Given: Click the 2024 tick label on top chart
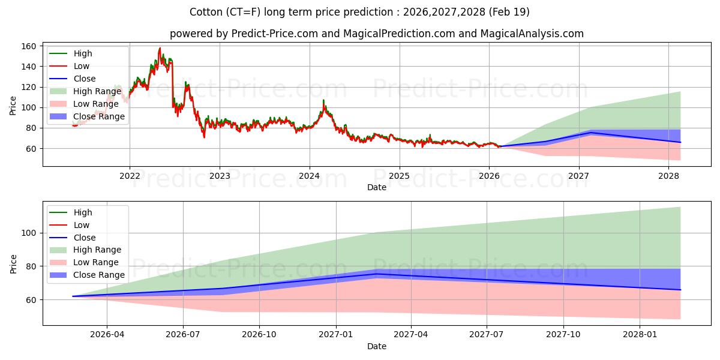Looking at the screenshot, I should coord(309,176).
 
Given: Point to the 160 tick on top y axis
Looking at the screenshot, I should coord(30,46).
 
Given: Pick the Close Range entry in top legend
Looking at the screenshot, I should coord(98,116).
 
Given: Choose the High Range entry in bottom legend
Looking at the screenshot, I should coord(97,250).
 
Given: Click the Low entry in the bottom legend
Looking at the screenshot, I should coord(81,225).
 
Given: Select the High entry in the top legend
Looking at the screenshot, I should coord(82,53).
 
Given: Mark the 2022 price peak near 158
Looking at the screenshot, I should coord(160,48).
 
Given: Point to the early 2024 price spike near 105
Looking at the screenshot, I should coord(323,101).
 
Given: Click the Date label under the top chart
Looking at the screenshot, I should coord(376,187).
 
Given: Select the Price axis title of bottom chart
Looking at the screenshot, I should coord(13,263).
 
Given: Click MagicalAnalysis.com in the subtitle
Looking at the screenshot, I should coord(532,34).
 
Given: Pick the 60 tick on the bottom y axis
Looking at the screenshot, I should coord(32,299).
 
